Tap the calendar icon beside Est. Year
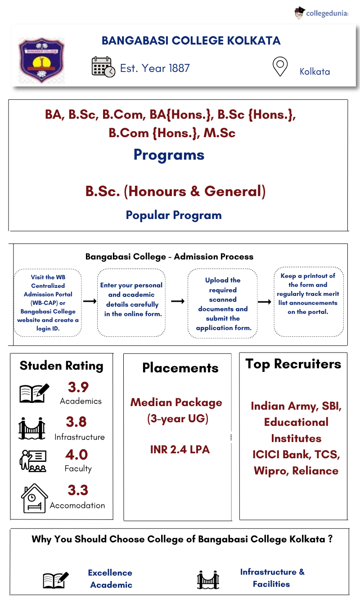[103, 67]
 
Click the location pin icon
[280, 67]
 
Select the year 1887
[179, 68]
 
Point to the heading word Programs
[169, 155]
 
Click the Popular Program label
[174, 215]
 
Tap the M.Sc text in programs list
[219, 133]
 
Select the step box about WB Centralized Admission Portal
[48, 303]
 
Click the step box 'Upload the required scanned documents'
[223, 304]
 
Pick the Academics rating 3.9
[78, 387]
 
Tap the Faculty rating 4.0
[76, 455]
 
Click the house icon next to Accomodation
[34, 498]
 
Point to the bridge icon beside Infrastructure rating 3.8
[32, 429]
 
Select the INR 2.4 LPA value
[180, 449]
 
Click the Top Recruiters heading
[293, 364]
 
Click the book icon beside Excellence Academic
[56, 580]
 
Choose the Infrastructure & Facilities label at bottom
[272, 578]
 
